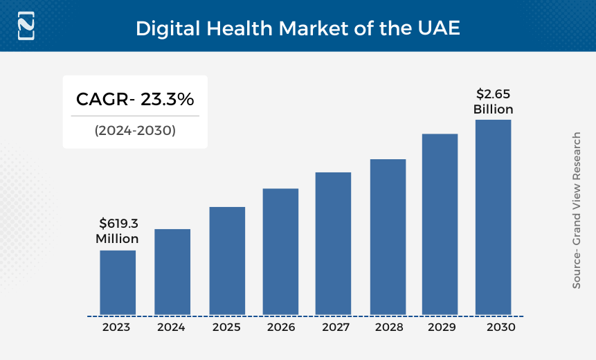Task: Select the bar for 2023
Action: pos(118,282)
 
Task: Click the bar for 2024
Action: pos(172,271)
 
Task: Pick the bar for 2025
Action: pos(227,260)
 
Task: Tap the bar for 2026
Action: pos(280,251)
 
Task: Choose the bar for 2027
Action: pos(333,243)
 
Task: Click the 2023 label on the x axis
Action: pos(116,327)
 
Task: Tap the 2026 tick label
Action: pos(280,327)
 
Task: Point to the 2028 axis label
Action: pos(388,327)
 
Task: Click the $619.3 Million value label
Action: pos(118,231)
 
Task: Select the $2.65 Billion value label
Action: pos(493,102)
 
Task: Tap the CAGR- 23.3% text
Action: pos(135,100)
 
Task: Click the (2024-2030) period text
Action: pos(135,129)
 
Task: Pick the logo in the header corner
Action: pos(26,26)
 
